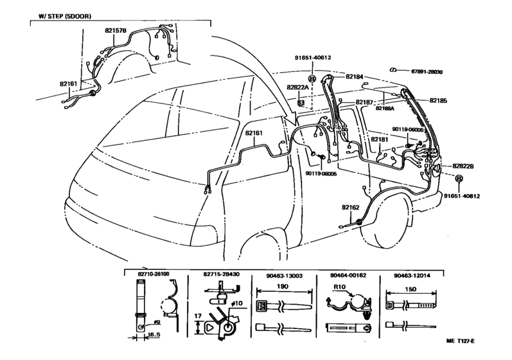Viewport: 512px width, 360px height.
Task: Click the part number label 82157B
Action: tap(116, 30)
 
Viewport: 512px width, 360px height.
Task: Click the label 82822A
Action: tap(298, 87)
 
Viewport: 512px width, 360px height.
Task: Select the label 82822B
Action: tap(463, 166)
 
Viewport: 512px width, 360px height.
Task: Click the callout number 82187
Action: tap(364, 102)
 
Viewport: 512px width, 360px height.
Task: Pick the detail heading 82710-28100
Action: tap(154, 274)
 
